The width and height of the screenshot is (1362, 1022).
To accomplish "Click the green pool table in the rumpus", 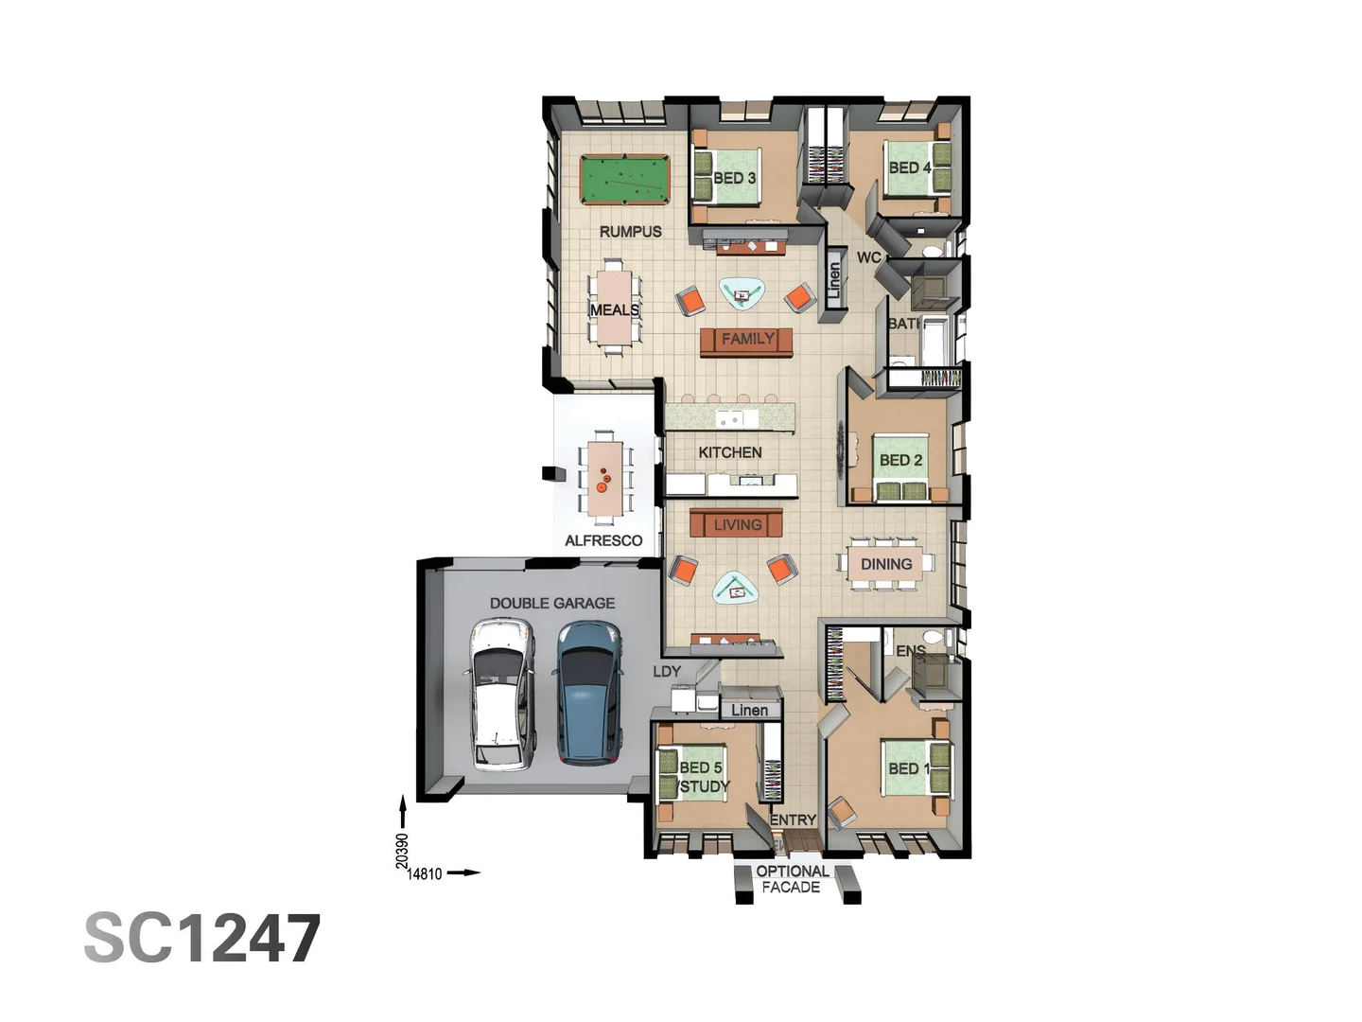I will point(624,180).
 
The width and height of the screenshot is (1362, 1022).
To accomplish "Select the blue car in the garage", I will point(587,692).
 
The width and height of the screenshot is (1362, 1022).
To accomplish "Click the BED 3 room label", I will point(734,178).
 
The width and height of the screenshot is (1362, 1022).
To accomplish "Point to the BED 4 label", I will point(909,167).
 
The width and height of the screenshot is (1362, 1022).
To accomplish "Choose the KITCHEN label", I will point(729,452).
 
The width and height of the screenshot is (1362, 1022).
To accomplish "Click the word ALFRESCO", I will point(603,540).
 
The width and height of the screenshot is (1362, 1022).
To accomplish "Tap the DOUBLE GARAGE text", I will point(552,603).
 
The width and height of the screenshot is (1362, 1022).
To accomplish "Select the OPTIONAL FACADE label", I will point(792,879).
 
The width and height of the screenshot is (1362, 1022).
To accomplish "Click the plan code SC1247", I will point(202,939).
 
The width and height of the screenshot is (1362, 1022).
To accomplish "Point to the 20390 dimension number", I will point(402,851).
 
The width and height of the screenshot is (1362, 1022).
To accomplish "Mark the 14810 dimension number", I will point(425,874).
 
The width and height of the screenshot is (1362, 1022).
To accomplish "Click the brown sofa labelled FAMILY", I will point(746,340).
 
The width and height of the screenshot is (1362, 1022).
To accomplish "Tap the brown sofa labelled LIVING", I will point(737,524).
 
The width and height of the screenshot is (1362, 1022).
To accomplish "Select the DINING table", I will point(885,564).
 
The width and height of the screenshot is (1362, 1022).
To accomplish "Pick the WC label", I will point(868,257).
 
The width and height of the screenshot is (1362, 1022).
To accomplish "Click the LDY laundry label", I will point(667,671).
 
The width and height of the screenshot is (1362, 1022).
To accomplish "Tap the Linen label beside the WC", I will point(834,278).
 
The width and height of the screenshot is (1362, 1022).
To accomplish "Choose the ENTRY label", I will point(793,819).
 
